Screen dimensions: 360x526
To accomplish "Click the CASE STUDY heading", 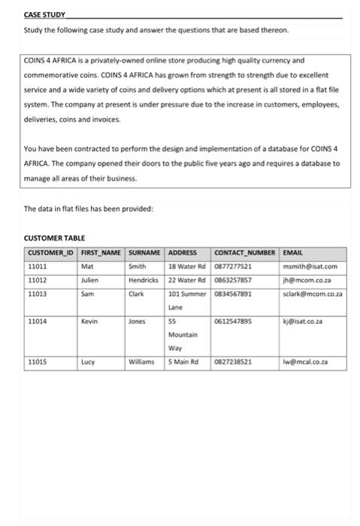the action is click(44, 14).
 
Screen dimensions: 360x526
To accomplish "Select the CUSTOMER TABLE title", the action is click(55, 237).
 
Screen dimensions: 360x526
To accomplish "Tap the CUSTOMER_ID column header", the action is click(51, 252).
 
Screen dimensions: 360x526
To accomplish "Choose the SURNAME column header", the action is click(146, 252).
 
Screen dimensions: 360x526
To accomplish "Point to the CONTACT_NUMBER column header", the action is click(246, 252).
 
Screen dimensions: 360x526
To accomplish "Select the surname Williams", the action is click(145, 361).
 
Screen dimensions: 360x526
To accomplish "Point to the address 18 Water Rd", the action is click(186, 265).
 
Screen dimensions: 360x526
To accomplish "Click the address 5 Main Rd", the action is click(183, 361).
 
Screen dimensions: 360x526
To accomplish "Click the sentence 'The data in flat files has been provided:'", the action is click(88, 208).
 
